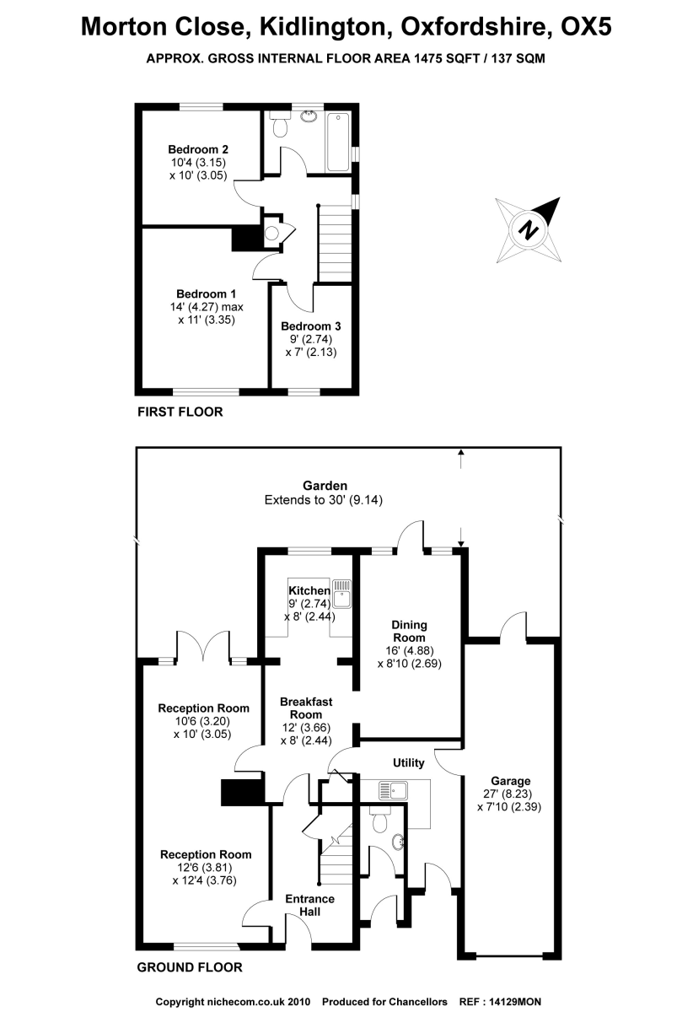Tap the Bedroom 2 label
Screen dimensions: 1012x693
197,149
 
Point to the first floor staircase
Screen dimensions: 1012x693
333,244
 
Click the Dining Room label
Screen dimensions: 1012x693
409,632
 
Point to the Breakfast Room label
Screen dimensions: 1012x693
306,708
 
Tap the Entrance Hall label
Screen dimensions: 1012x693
310,905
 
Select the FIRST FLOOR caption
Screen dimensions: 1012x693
180,412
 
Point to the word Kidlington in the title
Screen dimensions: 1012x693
316,27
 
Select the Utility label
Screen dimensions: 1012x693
409,763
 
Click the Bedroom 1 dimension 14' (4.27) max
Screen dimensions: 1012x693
206,307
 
